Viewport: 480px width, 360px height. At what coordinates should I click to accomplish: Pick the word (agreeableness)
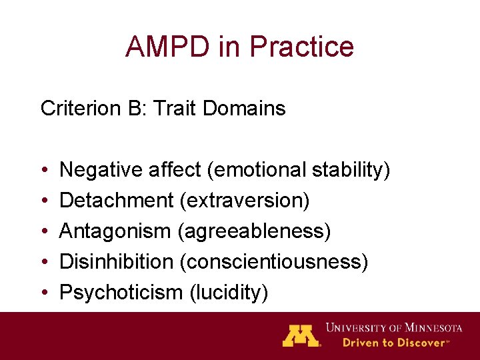tap(254, 231)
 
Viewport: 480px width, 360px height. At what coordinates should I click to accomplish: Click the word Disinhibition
tap(116, 261)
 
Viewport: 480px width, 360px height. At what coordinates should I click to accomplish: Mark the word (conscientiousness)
tap(273, 261)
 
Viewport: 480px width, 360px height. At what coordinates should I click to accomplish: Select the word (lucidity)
tap(225, 292)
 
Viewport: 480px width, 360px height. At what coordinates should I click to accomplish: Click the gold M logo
tap(301, 335)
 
